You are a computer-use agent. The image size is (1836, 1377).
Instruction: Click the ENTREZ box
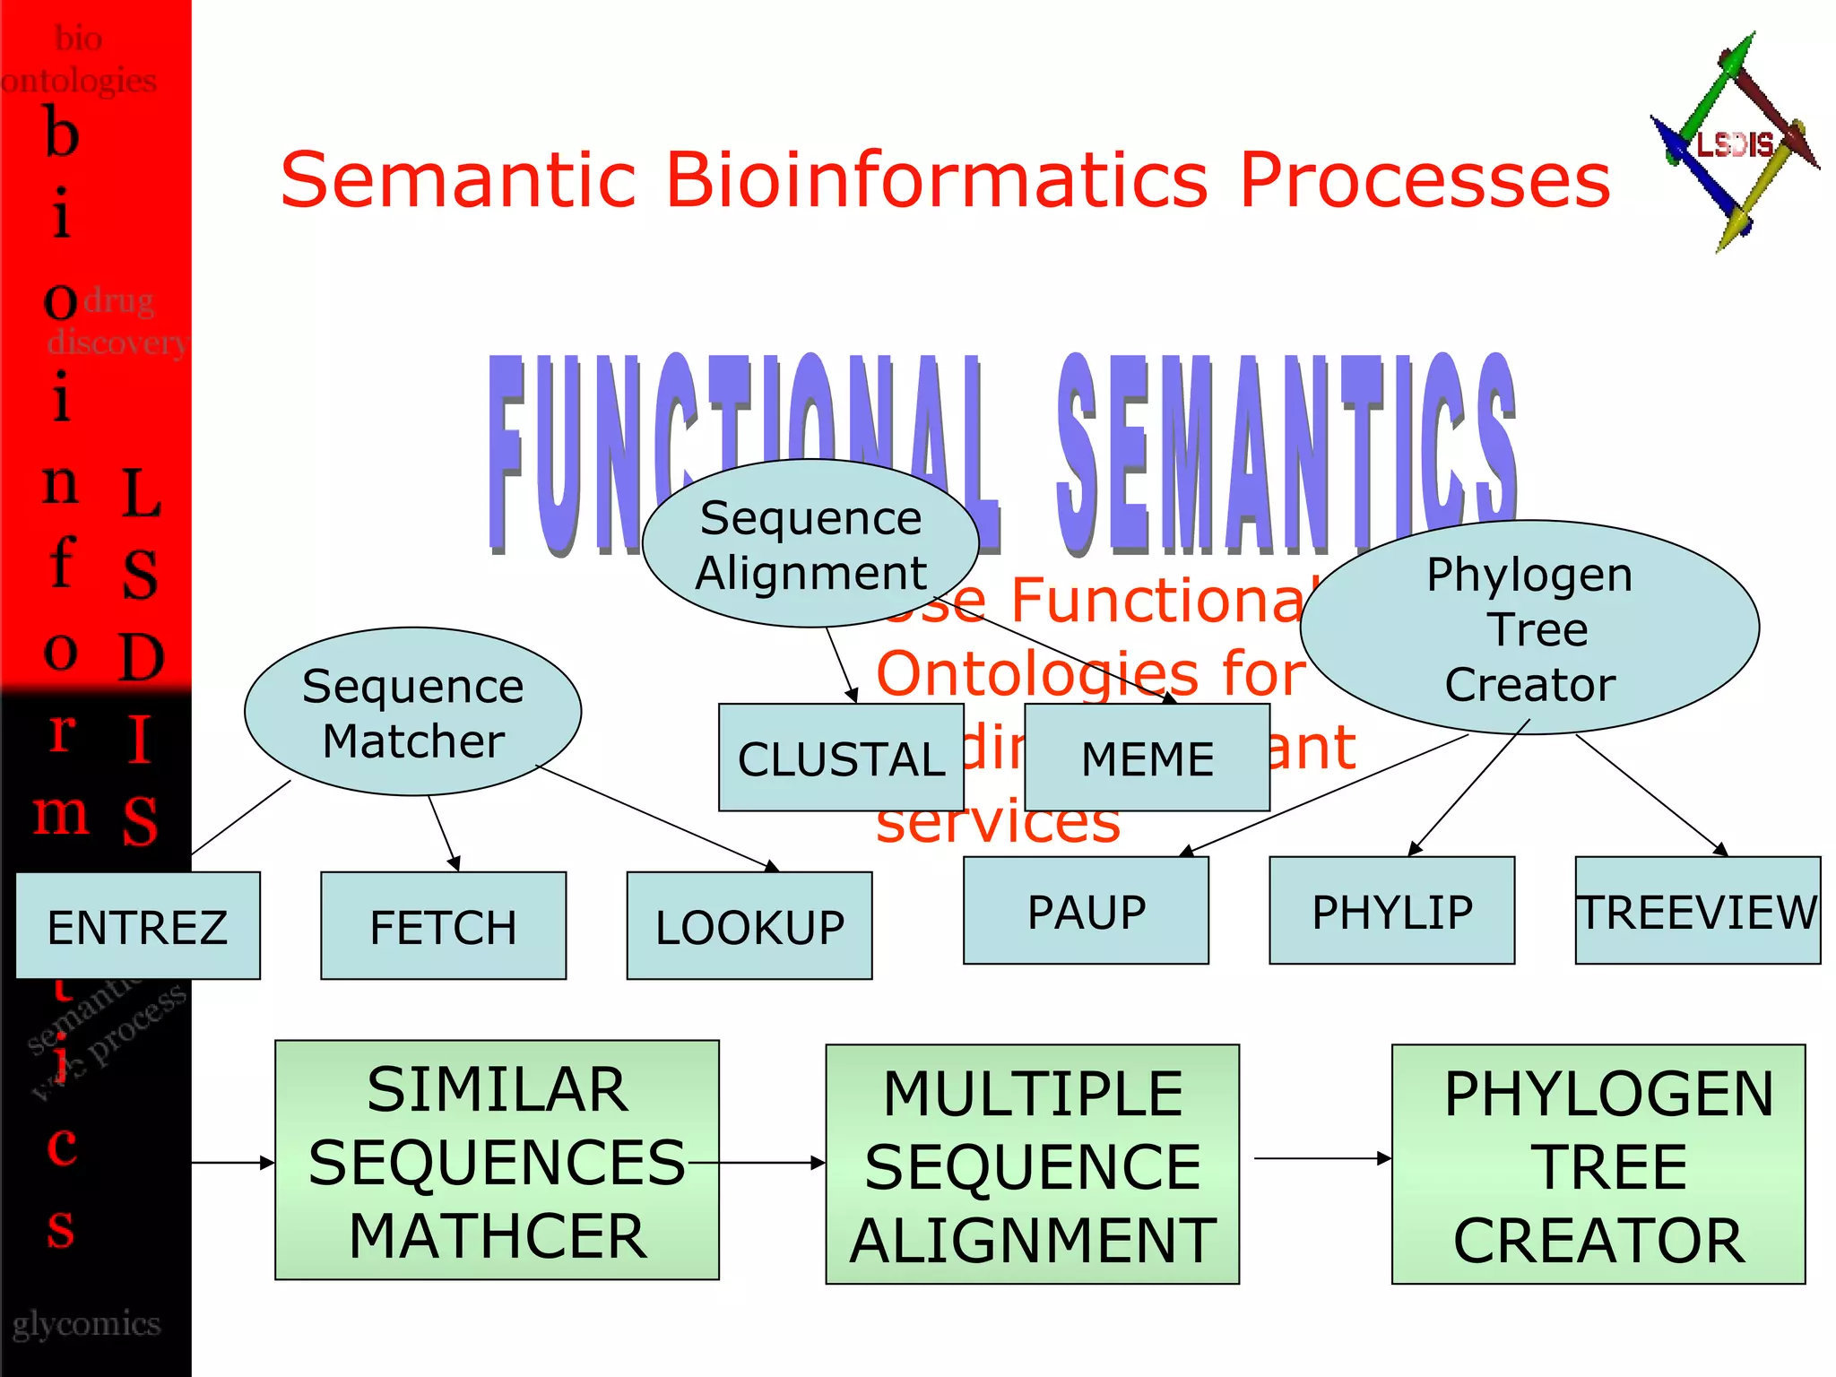coord(138,925)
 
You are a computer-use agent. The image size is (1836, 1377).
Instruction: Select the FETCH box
coord(443,925)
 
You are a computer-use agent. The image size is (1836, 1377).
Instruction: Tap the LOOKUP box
coord(749,925)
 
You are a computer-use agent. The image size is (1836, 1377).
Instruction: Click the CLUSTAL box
coord(840,758)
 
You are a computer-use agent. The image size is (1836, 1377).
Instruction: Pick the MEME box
coord(1147,758)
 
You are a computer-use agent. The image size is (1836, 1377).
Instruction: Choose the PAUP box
coord(1086,910)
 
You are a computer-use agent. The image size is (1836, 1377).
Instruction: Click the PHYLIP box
coord(1391,910)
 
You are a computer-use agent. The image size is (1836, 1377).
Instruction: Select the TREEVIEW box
coord(1697,910)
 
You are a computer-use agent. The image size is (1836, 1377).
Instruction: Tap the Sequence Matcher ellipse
coord(412,712)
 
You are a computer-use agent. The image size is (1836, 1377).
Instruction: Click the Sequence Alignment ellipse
coord(810,543)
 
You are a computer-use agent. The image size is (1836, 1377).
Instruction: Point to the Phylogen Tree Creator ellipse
coord(1529,628)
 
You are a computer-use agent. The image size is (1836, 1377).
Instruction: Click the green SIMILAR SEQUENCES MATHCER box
coord(497,1160)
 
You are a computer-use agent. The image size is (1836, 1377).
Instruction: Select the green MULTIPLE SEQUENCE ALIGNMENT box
coord(1032,1164)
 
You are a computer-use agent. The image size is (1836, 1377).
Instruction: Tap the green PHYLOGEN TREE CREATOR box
coord(1598,1164)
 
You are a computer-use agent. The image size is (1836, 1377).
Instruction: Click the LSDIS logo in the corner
coord(1734,143)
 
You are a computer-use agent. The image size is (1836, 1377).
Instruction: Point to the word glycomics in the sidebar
coord(86,1324)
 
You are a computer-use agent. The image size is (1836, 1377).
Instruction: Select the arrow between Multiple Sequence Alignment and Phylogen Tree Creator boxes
coord(1321,1158)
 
